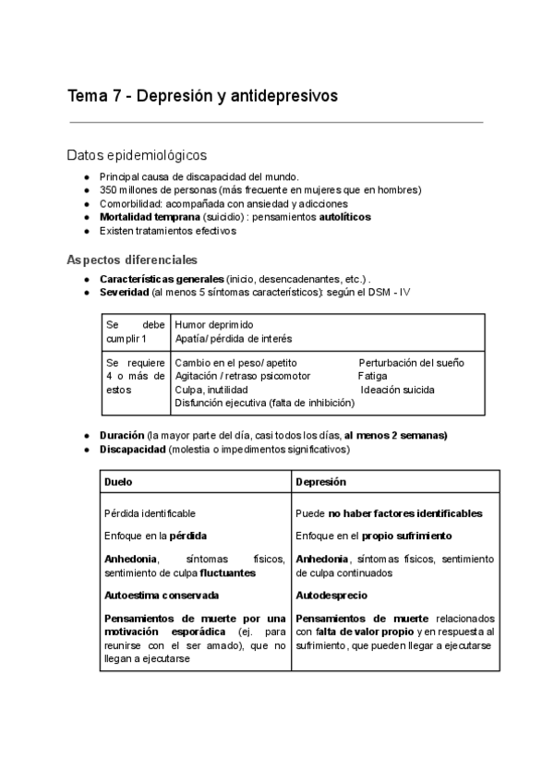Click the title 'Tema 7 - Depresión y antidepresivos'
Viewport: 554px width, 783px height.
(202, 96)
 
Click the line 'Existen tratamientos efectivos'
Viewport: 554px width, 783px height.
(167, 231)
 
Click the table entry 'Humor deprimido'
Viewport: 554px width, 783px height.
(213, 325)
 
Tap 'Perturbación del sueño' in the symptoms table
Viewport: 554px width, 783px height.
(411, 363)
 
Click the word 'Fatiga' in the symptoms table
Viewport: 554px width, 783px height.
(373, 377)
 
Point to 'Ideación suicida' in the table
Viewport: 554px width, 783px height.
(398, 390)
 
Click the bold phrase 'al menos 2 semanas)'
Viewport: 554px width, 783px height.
(395, 435)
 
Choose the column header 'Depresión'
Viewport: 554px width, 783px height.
(320, 482)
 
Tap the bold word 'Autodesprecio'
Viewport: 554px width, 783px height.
(331, 596)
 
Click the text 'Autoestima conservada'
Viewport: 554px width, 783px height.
(162, 596)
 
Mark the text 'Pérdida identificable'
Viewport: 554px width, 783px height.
(150, 513)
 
